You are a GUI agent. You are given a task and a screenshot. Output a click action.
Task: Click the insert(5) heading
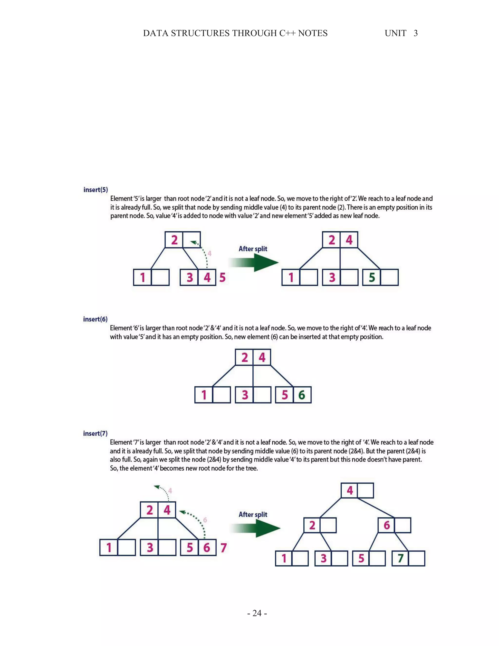pos(96,190)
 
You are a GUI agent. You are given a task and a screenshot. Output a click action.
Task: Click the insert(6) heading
pos(95,319)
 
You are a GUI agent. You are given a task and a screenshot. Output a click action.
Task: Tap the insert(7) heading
pos(95,433)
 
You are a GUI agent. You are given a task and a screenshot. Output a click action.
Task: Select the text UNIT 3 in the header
pos(401,33)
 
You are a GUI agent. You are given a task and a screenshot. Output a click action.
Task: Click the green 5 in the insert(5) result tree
pos(372,277)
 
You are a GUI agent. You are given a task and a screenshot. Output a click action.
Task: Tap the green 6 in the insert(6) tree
pos(302,395)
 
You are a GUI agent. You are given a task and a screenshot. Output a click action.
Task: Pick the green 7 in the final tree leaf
pos(400,558)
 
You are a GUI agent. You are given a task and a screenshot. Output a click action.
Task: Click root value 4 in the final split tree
pos(350,491)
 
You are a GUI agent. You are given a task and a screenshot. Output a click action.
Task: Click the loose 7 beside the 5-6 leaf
pos(223,548)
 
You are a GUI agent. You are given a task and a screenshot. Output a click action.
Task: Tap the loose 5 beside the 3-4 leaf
pos(222,277)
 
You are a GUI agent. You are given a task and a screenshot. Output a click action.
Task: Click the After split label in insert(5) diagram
pos(253,249)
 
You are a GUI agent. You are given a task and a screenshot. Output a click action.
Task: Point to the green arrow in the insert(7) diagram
pos(256,528)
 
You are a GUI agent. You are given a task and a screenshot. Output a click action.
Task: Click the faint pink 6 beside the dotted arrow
pos(205,520)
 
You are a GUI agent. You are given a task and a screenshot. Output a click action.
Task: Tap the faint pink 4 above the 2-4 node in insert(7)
pos(170,491)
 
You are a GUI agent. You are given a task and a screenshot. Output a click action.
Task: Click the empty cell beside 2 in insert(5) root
pos(192,240)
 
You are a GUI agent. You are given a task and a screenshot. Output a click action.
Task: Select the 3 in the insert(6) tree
pos(245,395)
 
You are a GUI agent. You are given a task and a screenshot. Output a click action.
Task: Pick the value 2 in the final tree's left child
pos(312,525)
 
